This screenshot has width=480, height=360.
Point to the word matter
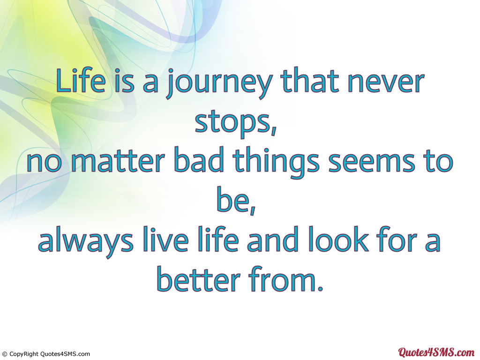(118, 161)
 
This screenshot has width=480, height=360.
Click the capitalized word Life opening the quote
(81, 81)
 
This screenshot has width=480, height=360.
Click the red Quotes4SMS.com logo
(436, 352)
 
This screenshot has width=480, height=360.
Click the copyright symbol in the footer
(4, 354)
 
